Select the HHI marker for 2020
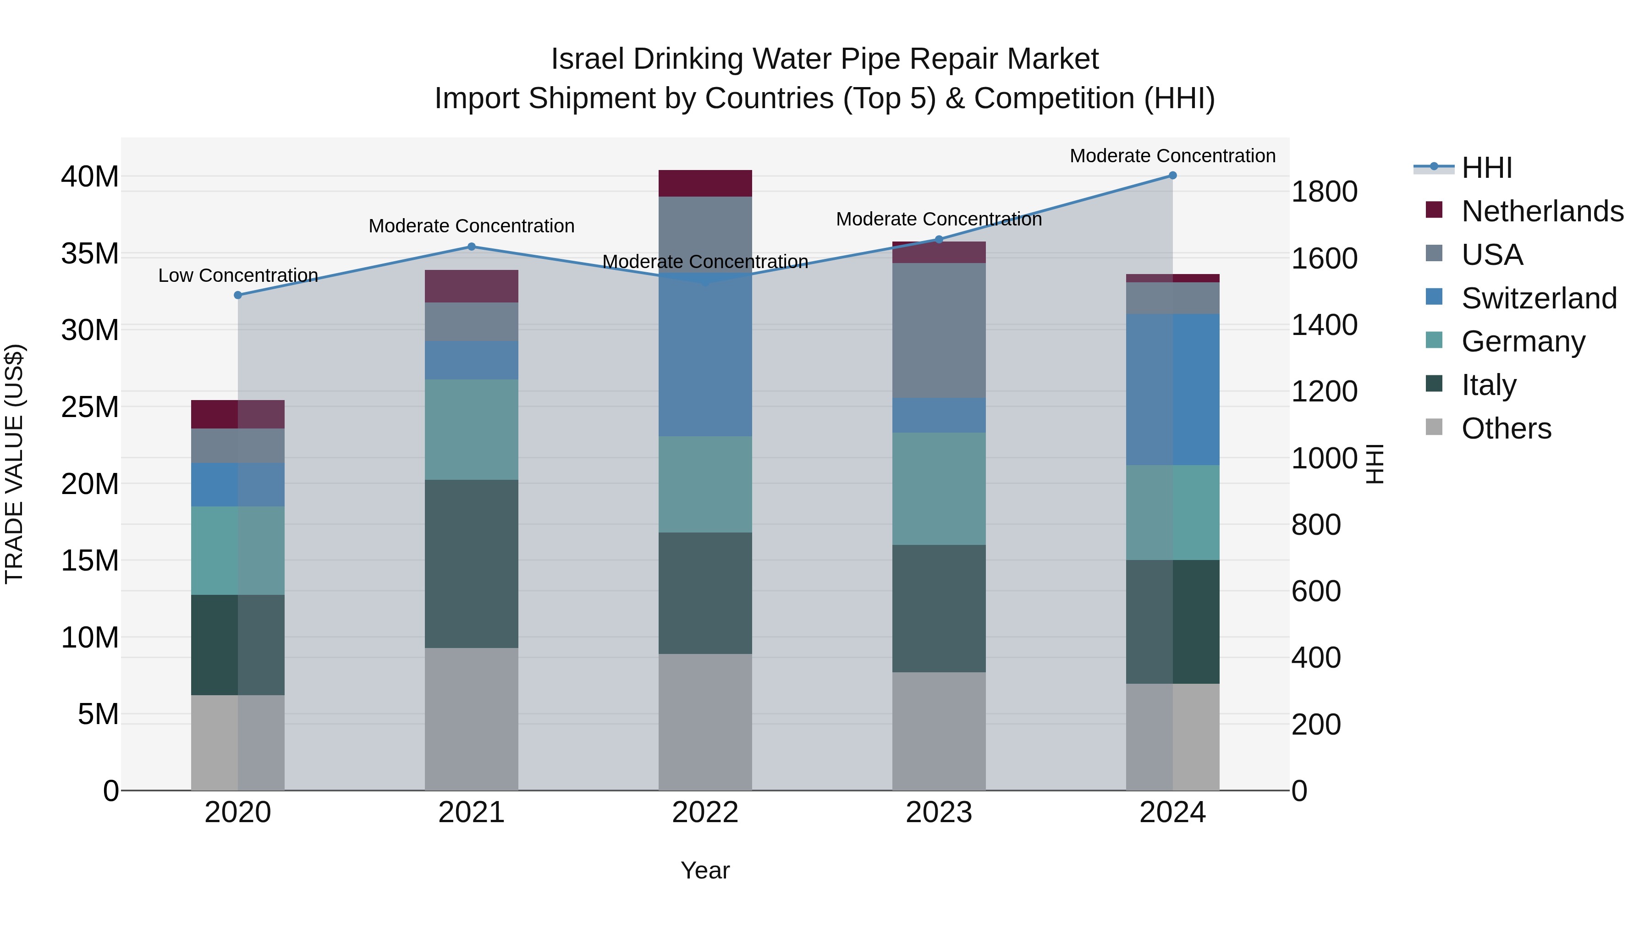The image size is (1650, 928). (237, 295)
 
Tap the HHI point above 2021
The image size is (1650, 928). (472, 247)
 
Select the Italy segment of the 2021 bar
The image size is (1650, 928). (472, 564)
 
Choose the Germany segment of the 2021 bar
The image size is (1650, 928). (472, 429)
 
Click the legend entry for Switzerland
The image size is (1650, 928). (1539, 298)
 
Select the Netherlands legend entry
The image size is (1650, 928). (1542, 211)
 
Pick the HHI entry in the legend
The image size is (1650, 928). (1486, 168)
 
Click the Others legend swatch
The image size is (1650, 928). (1434, 427)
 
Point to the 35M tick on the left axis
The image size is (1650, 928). (90, 253)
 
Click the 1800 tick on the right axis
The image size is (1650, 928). (1324, 192)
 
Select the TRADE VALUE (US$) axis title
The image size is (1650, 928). (14, 464)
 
